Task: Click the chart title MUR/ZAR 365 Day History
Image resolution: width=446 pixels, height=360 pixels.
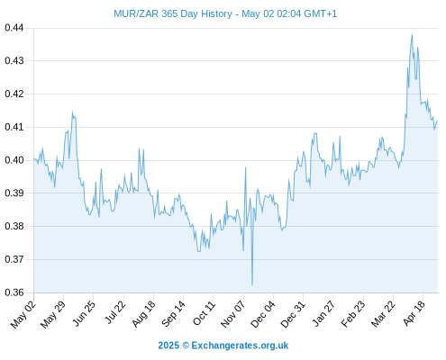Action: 173,13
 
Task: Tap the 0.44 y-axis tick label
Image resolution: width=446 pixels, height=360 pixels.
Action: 14,28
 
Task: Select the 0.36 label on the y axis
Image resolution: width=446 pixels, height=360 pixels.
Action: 14,292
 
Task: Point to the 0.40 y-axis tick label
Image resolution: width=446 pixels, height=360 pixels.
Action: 14,160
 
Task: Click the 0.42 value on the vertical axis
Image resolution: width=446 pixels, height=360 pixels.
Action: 14,94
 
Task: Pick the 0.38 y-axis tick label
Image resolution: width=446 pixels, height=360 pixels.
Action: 14,226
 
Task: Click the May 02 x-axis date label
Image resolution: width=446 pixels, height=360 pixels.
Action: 23,314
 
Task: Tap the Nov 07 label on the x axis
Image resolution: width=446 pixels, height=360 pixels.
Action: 233,314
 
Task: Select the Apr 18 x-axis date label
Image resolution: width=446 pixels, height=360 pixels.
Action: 414,313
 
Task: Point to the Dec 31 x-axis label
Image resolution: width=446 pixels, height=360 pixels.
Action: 294,314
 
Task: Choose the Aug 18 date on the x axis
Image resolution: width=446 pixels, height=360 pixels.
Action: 144,313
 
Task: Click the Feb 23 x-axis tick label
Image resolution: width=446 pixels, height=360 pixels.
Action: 354,313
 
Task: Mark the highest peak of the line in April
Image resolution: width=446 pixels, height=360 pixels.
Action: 412,35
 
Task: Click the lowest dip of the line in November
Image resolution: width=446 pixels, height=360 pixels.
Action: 252,284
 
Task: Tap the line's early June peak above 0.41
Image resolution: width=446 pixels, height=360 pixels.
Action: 72,112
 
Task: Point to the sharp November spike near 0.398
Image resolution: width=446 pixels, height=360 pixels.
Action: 245,167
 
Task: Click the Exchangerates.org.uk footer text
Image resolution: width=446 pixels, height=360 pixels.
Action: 240,346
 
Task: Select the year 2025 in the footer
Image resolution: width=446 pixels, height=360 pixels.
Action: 168,346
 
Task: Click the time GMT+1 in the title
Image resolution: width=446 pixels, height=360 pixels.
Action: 321,13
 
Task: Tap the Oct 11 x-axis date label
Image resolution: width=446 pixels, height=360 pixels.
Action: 205,313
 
